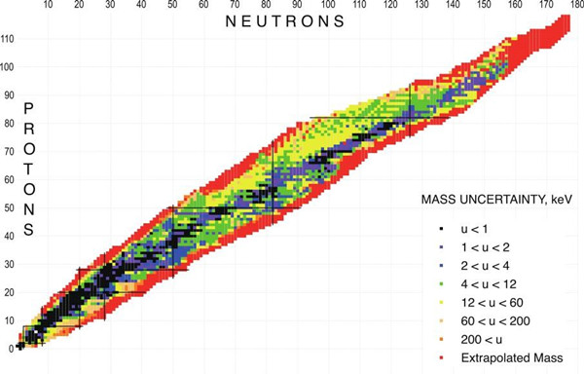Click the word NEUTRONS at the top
(285, 21)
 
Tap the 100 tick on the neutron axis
(328, 5)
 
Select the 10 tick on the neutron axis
(48, 5)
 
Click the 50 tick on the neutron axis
(172, 5)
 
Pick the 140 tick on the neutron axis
(453, 5)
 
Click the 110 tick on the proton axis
(8, 39)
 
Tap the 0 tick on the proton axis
(11, 349)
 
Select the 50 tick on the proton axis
(10, 207)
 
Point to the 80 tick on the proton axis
(10, 124)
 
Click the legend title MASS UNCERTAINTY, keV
(496, 200)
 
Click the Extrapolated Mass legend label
(512, 358)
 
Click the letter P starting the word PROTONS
(28, 109)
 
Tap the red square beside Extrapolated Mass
(441, 358)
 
